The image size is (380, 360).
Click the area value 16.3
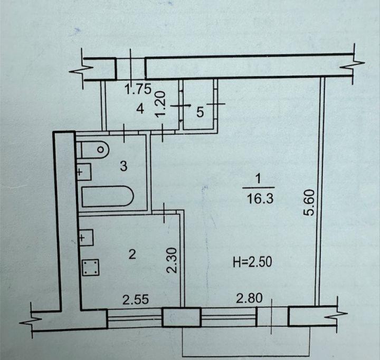(260, 199)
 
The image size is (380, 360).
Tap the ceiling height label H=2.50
(252, 262)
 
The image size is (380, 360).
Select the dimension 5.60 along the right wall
(309, 202)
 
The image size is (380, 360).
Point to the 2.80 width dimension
(249, 298)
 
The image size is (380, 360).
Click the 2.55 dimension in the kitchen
(136, 300)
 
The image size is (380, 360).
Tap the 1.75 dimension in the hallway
(138, 89)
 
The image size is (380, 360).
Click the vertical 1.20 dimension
(160, 104)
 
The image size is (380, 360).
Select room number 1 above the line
(258, 180)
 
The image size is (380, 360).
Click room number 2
(132, 255)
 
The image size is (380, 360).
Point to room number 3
(123, 167)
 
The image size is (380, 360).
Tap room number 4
(140, 109)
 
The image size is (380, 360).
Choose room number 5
(200, 112)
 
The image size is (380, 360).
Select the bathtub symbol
(108, 197)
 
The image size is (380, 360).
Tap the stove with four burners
(91, 267)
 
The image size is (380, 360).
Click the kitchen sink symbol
(86, 238)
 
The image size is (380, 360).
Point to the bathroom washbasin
(84, 172)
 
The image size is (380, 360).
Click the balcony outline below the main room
(246, 356)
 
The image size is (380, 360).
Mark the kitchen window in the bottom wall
(135, 318)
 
